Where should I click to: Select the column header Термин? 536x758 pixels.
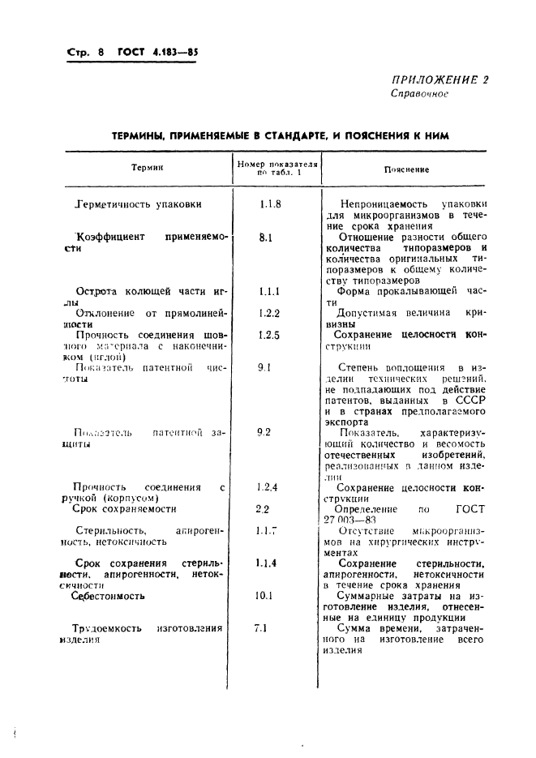coord(148,169)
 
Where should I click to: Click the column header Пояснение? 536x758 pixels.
coord(406,169)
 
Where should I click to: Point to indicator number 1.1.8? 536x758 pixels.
coord(270,204)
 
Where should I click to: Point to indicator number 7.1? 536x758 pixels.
coord(261,627)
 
